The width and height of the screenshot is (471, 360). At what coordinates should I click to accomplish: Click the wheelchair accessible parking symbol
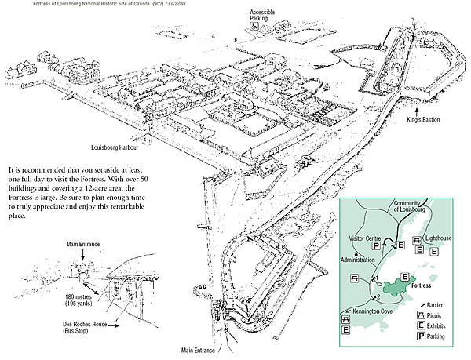[255, 26]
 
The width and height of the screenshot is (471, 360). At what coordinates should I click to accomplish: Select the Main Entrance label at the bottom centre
[199, 351]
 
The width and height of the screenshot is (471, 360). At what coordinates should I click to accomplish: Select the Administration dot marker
[356, 256]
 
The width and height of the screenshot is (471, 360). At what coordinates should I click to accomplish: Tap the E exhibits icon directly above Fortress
[405, 277]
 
